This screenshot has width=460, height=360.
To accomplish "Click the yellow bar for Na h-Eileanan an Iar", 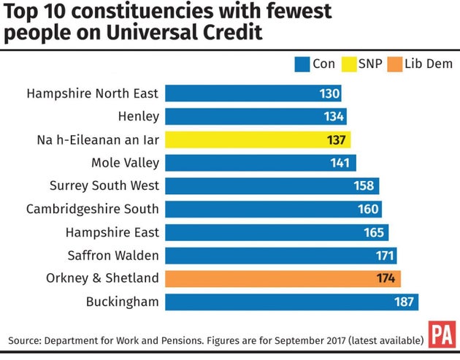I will tap(258, 139).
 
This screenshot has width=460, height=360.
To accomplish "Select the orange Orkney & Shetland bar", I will tap(283, 278).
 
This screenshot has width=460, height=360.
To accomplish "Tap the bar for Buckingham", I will tap(291, 302).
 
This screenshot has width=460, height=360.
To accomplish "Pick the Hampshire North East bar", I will tap(253, 93).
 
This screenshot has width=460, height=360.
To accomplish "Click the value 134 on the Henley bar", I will tap(334, 117).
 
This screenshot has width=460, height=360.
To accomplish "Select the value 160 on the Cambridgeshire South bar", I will tap(368, 209).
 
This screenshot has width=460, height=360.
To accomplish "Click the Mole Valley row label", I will tap(125, 163).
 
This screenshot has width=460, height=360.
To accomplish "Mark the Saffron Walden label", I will tap(111, 255).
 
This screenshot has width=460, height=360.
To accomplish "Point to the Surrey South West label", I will tap(104, 185).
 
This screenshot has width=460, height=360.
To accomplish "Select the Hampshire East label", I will tap(112, 232).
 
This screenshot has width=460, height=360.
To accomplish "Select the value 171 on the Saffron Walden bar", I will tap(384, 256).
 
